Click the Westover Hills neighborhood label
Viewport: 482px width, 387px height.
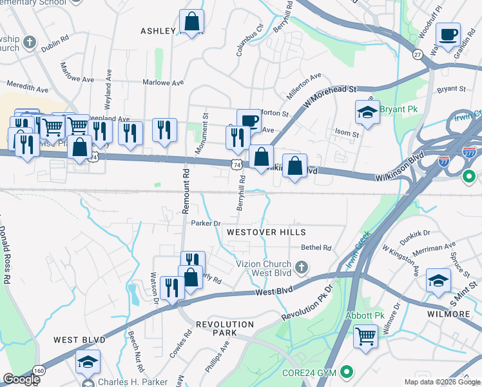265,232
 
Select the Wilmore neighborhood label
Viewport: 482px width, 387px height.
448,314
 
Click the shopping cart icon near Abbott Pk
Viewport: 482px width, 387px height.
366,335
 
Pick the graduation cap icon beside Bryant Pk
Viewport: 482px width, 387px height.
367,112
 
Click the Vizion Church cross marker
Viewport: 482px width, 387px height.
300,267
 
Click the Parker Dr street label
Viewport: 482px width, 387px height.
206,223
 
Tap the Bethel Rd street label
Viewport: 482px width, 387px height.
316,248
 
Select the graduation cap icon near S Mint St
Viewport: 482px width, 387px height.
438,280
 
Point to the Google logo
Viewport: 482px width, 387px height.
21,379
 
